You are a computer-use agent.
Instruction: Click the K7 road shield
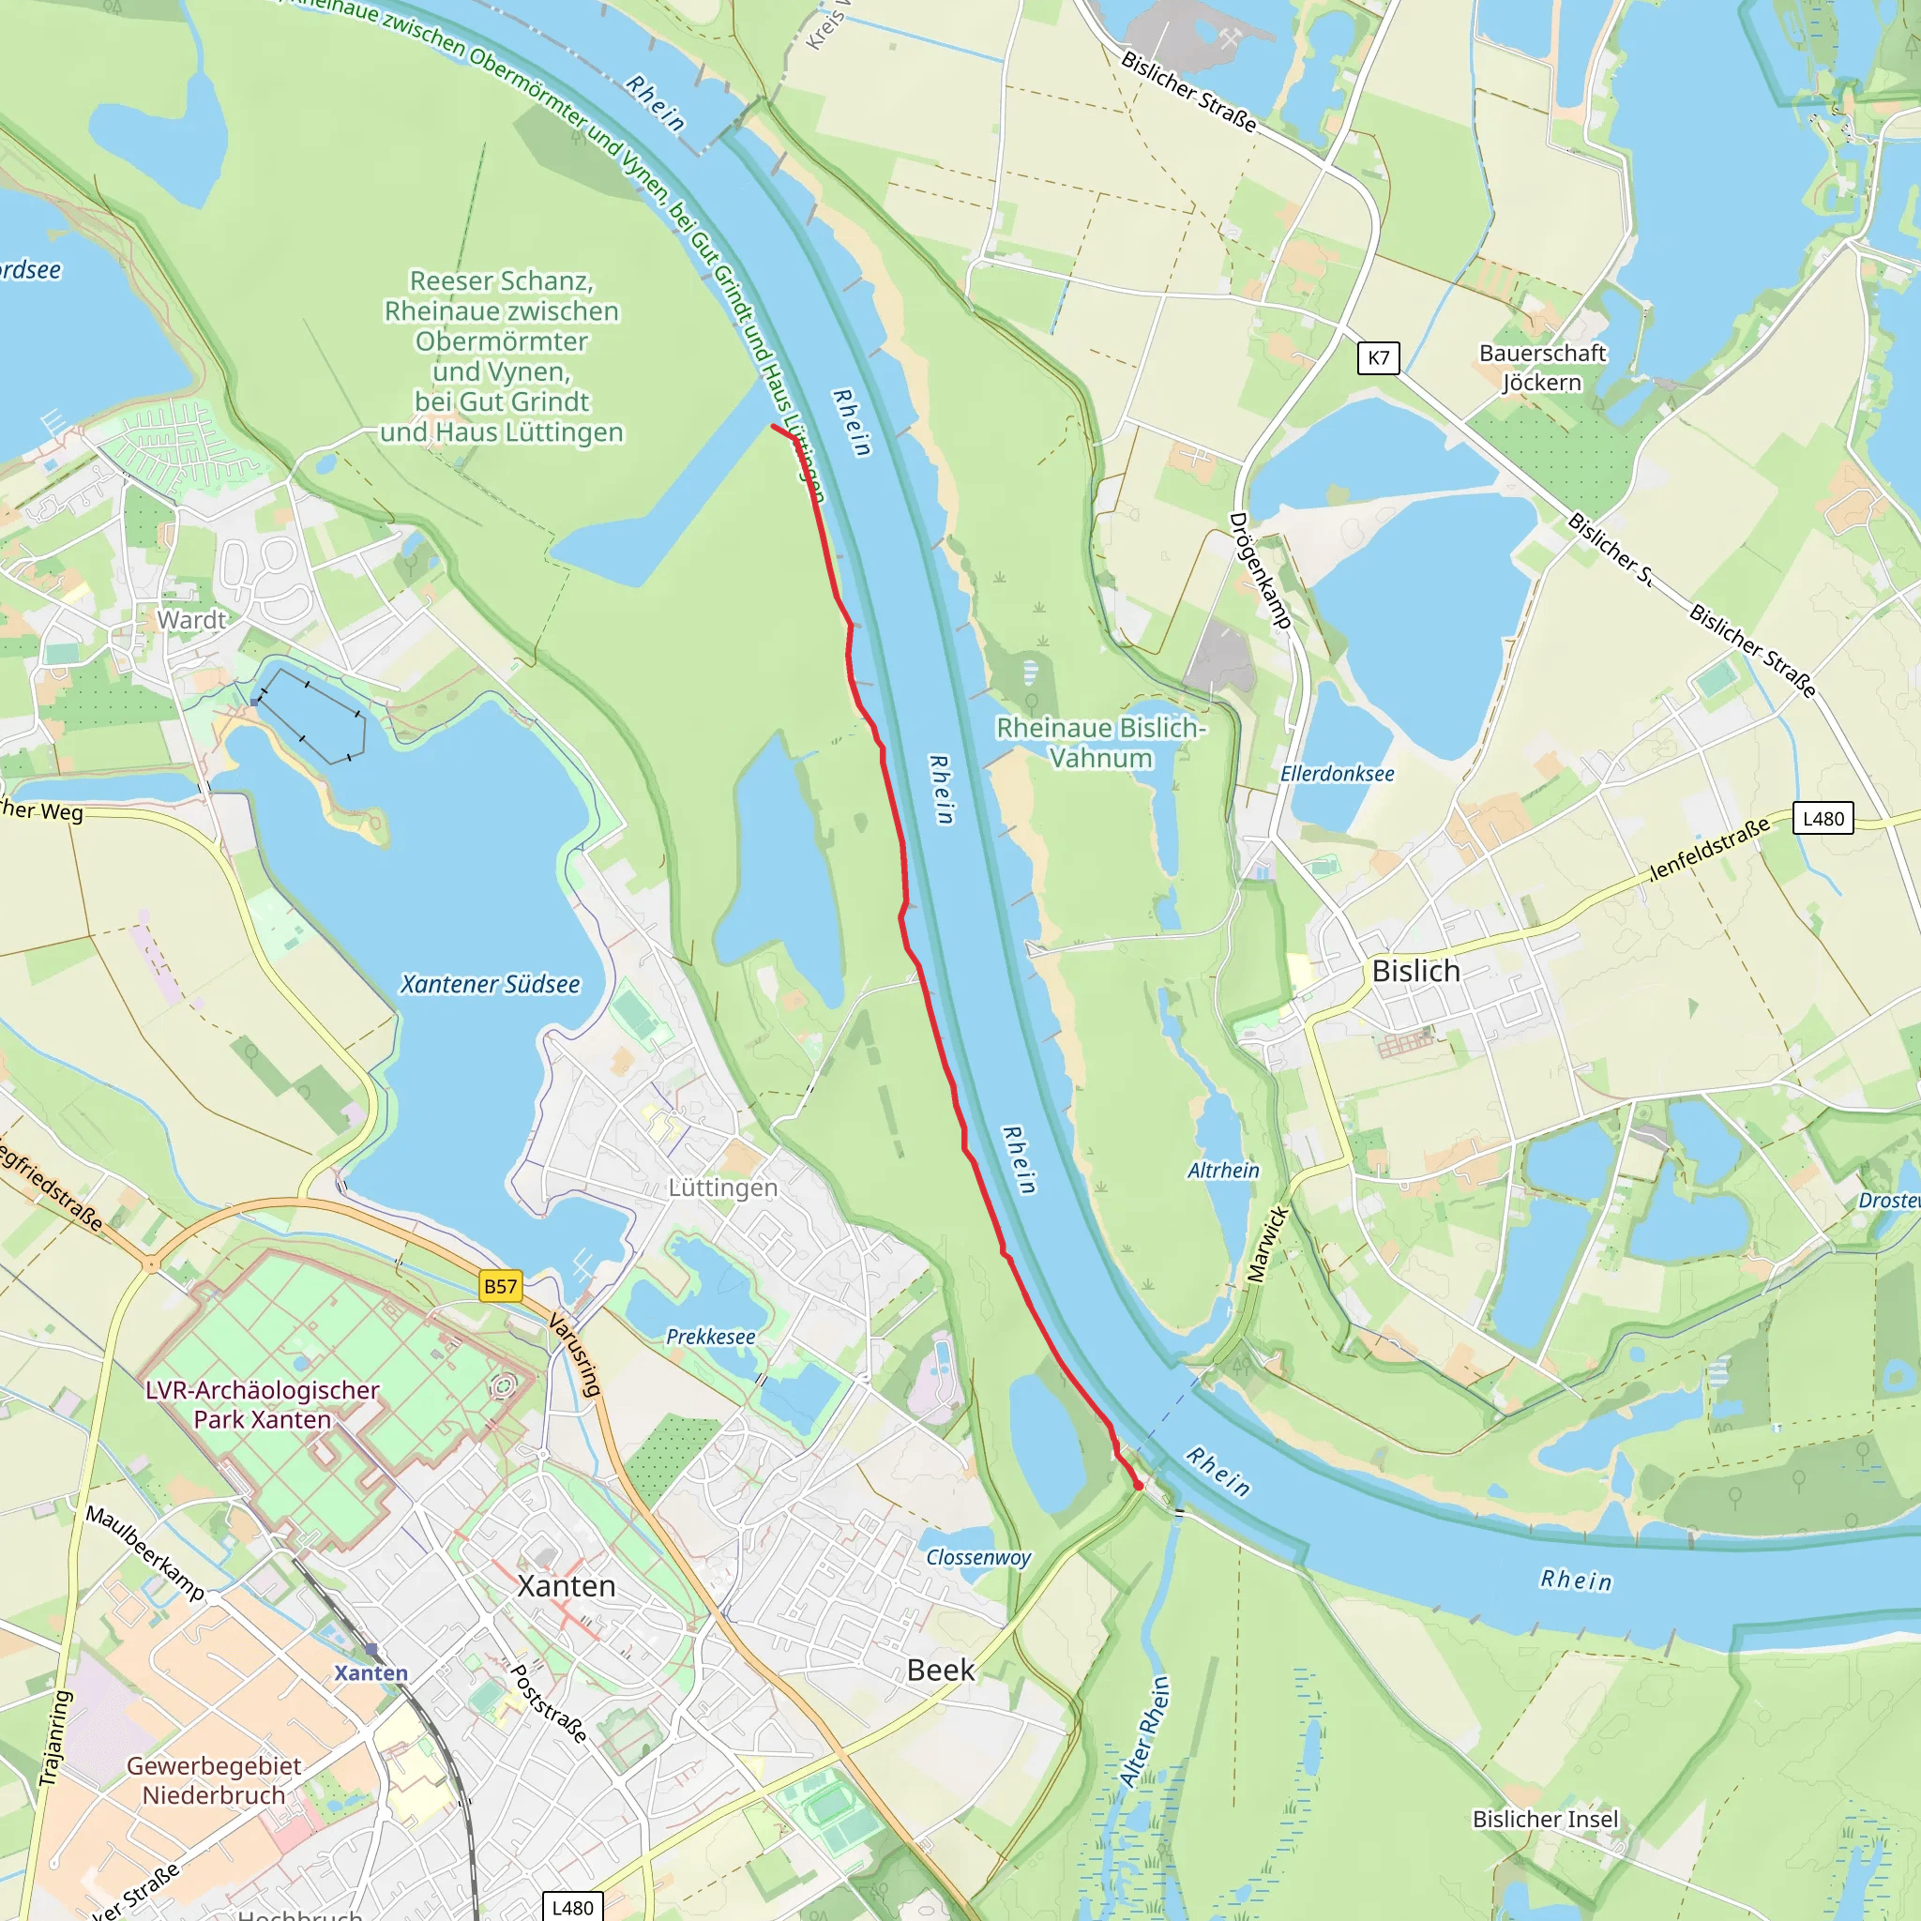(x=1378, y=358)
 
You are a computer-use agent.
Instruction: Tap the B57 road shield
(x=500, y=1286)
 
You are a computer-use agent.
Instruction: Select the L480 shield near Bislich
(x=1823, y=818)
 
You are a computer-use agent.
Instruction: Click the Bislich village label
(x=1415, y=971)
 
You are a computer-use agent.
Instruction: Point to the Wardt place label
(x=192, y=619)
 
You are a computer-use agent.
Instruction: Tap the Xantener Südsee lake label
(x=490, y=983)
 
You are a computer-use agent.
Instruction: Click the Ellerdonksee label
(x=1337, y=774)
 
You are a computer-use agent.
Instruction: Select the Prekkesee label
(x=710, y=1337)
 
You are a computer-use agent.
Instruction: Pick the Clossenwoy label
(x=978, y=1557)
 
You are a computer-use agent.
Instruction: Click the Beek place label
(x=941, y=1670)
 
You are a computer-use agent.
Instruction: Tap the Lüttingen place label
(x=723, y=1187)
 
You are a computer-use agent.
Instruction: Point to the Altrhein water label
(x=1223, y=1171)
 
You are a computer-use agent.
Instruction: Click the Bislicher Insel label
(x=1545, y=1819)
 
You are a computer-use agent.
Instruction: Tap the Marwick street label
(x=1268, y=1244)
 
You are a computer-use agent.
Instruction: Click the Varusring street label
(x=575, y=1355)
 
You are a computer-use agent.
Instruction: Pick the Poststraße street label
(x=549, y=1702)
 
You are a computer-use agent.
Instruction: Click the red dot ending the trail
(x=1139, y=1486)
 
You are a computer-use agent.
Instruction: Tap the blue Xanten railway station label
(x=371, y=1672)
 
